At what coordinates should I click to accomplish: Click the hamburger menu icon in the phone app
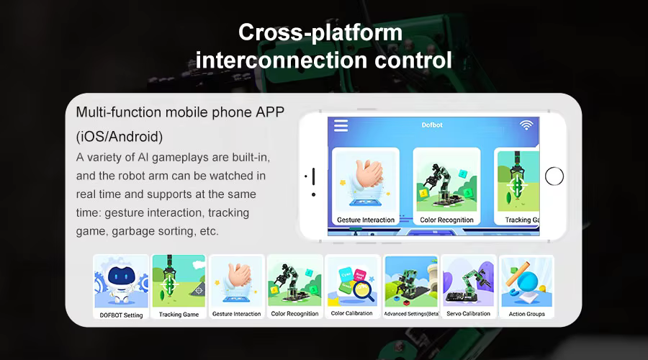[341, 126]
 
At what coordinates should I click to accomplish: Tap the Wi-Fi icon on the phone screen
[526, 125]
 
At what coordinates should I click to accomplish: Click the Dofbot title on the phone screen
[432, 125]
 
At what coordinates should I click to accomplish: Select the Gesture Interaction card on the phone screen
[366, 186]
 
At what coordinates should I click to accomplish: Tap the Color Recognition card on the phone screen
[446, 186]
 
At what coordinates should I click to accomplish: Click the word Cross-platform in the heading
[320, 32]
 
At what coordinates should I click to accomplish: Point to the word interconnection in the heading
[281, 60]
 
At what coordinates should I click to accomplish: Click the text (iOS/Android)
[120, 136]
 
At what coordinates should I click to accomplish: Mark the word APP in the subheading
[270, 112]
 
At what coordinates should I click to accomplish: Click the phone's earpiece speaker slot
[314, 176]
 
